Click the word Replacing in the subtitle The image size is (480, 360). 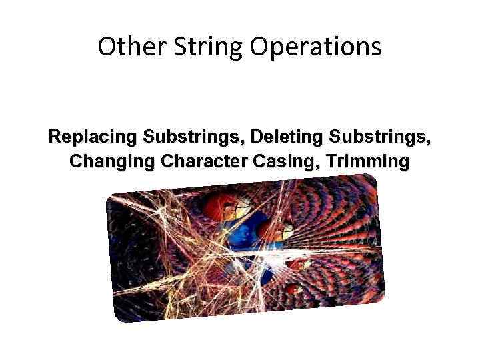93,138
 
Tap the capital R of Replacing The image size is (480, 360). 54,137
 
